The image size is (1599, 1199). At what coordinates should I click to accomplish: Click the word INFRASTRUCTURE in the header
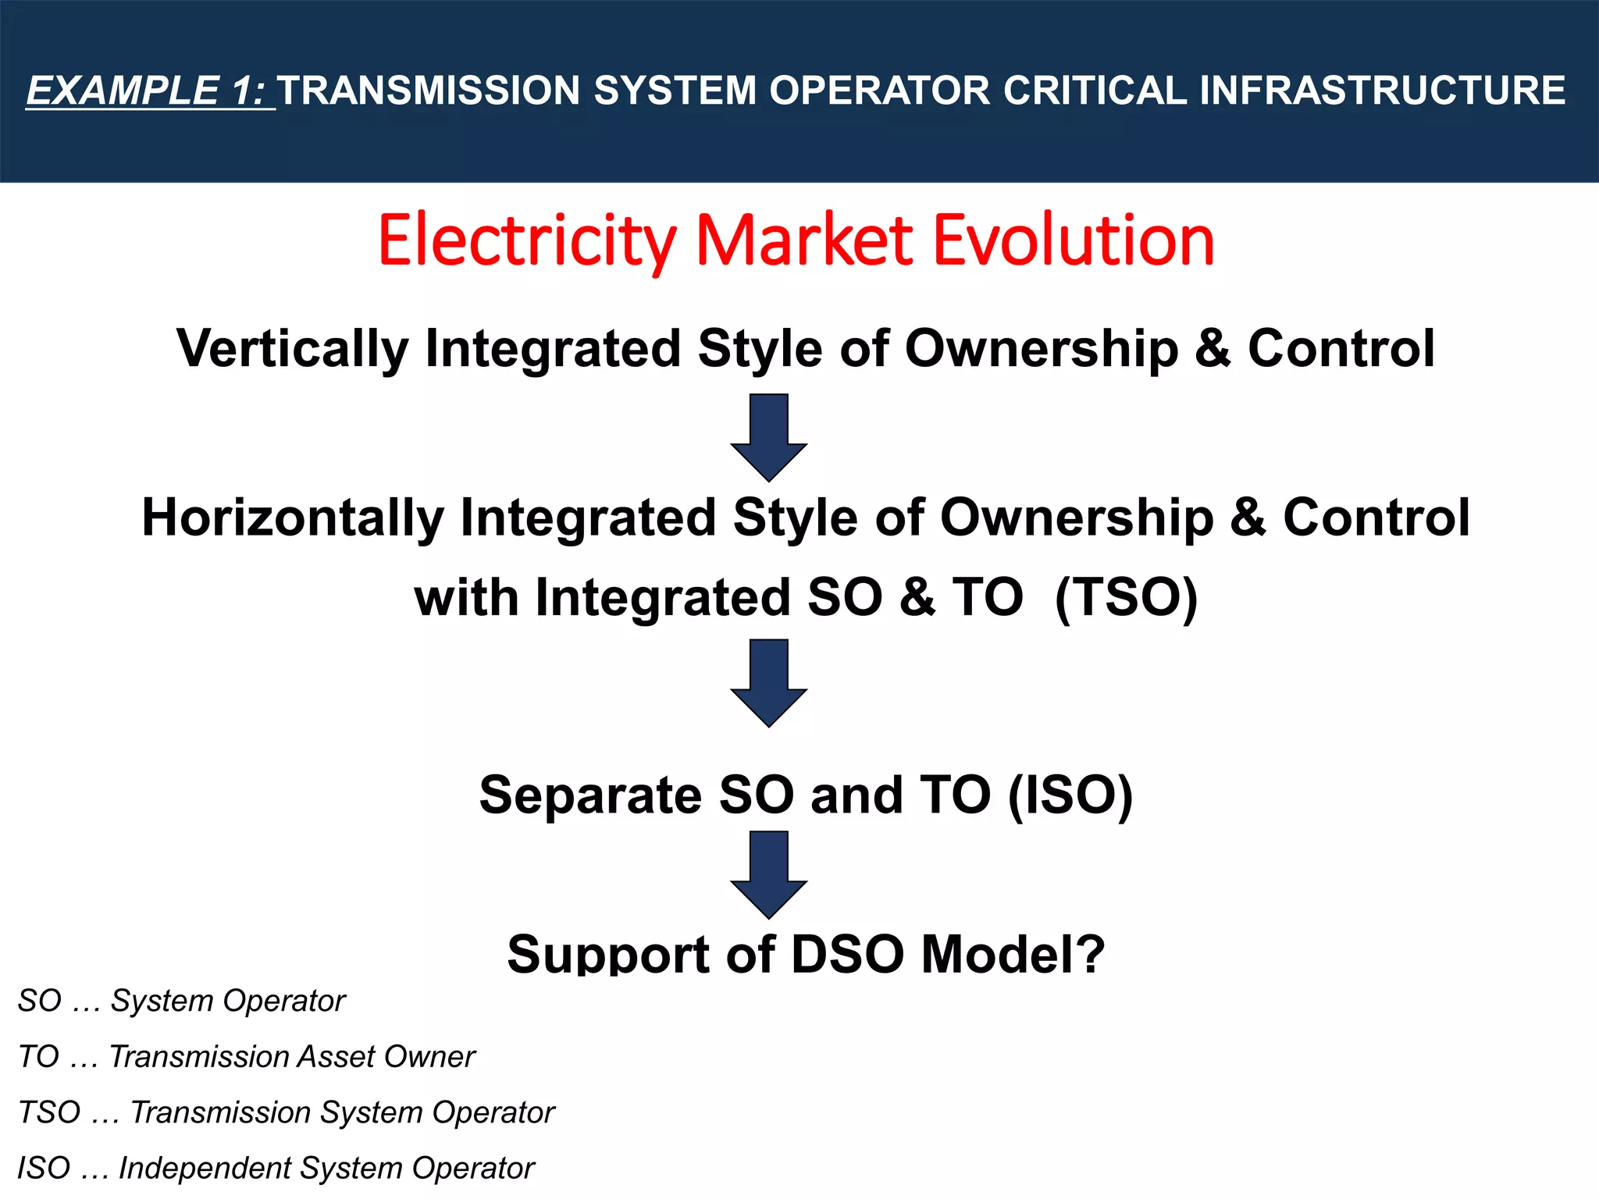(x=1382, y=91)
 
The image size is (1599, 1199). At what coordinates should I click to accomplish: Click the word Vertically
(x=292, y=349)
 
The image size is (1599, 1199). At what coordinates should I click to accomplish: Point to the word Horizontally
(x=292, y=518)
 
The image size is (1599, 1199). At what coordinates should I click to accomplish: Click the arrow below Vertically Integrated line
(x=769, y=437)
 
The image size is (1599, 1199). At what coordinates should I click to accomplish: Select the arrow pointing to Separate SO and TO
(x=769, y=683)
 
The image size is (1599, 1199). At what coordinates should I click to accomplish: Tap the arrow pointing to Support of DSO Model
(x=769, y=874)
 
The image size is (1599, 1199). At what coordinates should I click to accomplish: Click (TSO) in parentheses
(x=1126, y=598)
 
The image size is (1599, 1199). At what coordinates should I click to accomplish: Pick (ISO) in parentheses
(x=1070, y=795)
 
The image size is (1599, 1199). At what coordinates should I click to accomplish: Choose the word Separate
(x=590, y=795)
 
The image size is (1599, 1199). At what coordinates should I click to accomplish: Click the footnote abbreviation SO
(x=39, y=1001)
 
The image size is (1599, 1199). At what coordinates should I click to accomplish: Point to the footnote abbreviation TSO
(x=48, y=1112)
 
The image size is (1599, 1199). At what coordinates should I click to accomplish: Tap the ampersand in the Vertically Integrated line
(x=1213, y=349)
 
